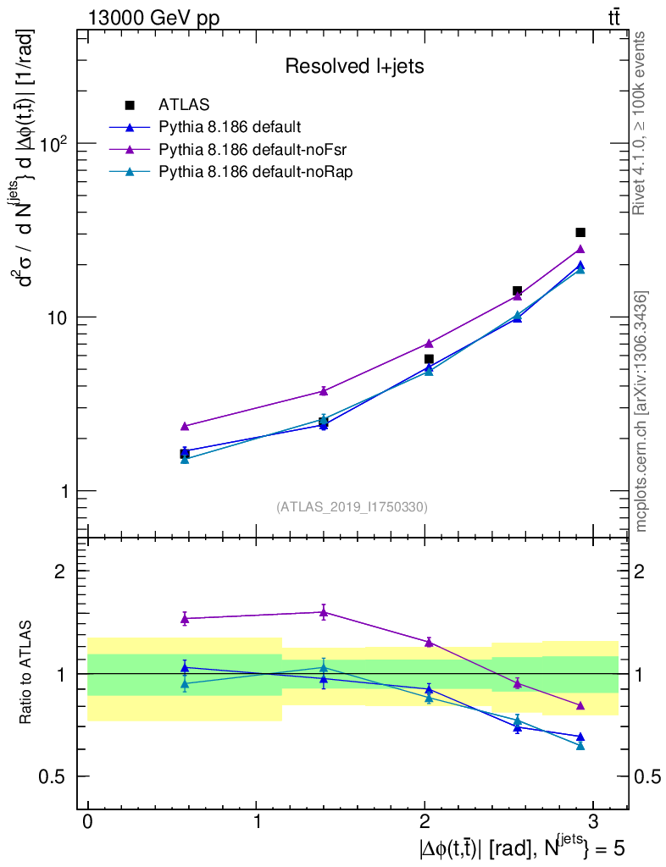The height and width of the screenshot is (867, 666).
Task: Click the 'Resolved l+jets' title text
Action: pos(354,67)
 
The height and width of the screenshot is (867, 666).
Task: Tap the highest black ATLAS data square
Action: pos(580,232)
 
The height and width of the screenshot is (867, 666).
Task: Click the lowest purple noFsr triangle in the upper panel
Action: pos(185,426)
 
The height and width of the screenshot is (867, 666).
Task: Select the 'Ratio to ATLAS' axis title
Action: pos(26,673)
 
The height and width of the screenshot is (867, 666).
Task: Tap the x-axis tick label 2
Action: pos(425,823)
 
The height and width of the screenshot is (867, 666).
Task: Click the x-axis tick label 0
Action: pos(87,823)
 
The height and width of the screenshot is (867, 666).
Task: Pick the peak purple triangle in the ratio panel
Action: pos(324,611)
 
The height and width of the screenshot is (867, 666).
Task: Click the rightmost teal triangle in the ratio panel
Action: pos(580,745)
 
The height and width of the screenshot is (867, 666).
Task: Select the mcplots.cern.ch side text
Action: pos(641,411)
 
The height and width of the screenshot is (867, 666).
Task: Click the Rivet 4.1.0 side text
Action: pos(641,123)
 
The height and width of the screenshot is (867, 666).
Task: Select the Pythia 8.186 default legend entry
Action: pos(229,127)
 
